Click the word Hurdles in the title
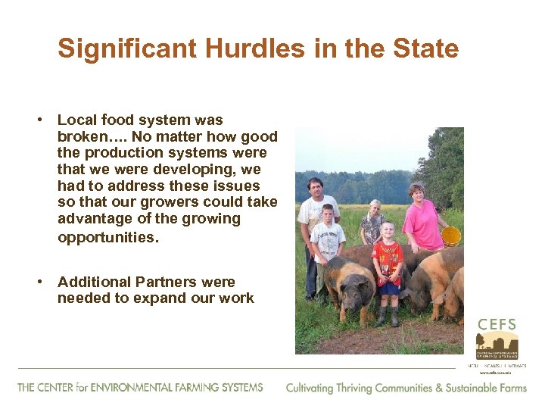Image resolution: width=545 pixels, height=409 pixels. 232,49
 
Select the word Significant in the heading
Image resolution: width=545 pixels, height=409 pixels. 116,49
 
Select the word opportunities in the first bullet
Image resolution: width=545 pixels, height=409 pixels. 108,237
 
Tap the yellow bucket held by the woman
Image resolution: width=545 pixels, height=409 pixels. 451,236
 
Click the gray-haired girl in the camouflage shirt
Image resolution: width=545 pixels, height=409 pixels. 372,223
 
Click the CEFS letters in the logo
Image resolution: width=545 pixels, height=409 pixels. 497,324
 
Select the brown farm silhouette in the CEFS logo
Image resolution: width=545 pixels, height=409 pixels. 497,345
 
